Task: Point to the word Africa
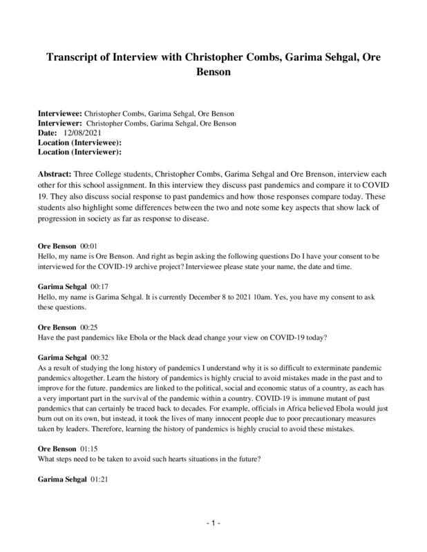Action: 231,399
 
